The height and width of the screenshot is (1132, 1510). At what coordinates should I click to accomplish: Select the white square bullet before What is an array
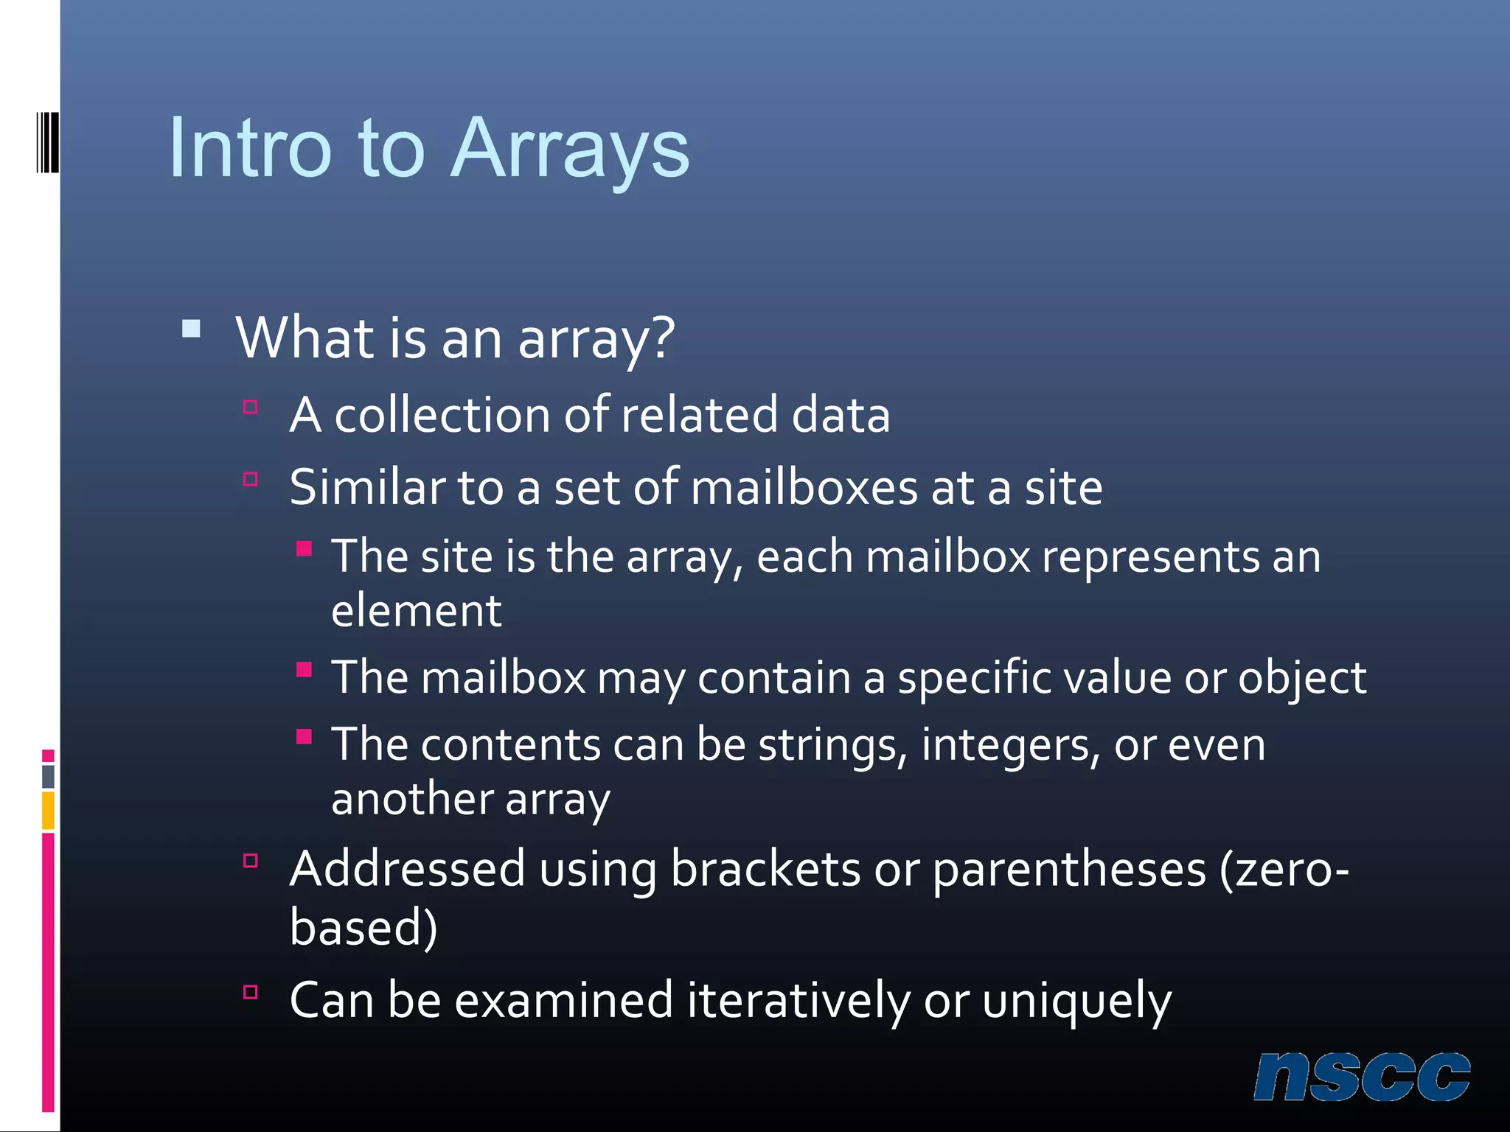pyautogui.click(x=191, y=328)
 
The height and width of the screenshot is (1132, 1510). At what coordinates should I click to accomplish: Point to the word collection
pyautogui.click(x=442, y=415)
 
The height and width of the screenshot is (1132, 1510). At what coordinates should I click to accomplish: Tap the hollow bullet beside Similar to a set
pyautogui.click(x=251, y=480)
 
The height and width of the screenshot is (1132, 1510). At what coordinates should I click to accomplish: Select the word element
pyautogui.click(x=416, y=611)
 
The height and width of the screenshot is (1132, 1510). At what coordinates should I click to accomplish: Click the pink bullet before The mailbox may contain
pyautogui.click(x=304, y=670)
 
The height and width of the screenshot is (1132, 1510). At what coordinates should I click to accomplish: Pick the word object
pyautogui.click(x=1301, y=678)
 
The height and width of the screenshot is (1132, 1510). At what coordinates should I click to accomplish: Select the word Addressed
pyautogui.click(x=407, y=870)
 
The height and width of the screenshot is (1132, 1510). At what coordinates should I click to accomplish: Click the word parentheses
pyautogui.click(x=1069, y=870)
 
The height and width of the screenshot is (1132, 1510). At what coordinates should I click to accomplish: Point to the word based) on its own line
pyautogui.click(x=363, y=928)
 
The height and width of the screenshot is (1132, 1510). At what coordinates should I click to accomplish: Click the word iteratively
pyautogui.click(x=798, y=1002)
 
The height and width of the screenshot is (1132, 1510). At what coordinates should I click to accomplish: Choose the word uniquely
pyautogui.click(x=1076, y=1002)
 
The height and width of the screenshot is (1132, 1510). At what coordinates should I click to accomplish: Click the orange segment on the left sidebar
pyautogui.click(x=48, y=811)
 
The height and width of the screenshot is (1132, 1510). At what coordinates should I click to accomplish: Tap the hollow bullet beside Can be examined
pyautogui.click(x=251, y=992)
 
